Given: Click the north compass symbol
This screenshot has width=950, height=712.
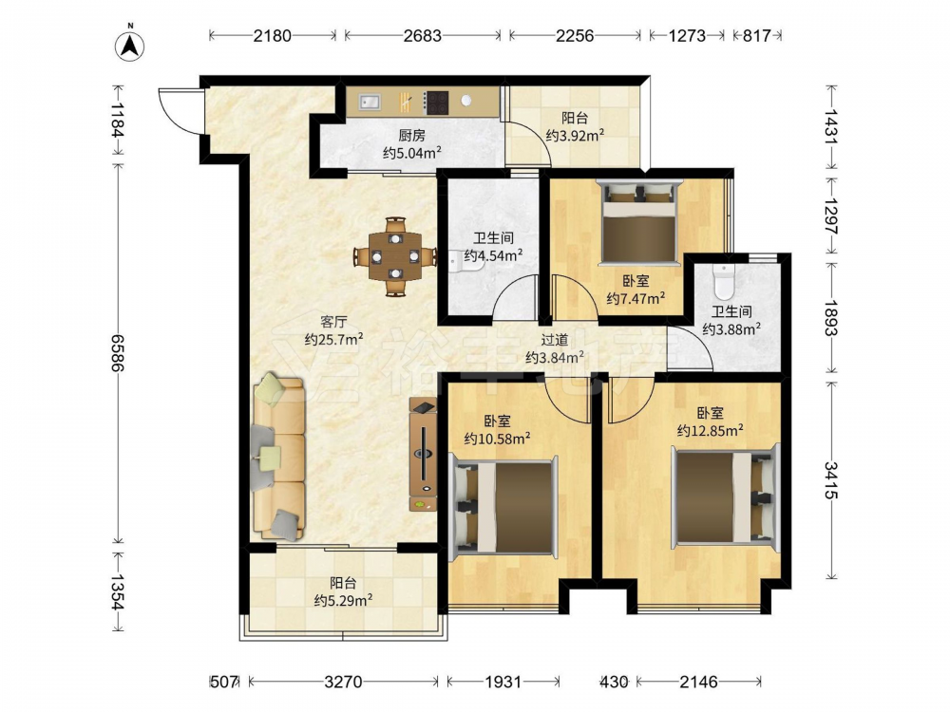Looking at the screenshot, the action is pyautogui.click(x=129, y=44).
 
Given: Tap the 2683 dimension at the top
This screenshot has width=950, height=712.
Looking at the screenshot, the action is pyautogui.click(x=423, y=36).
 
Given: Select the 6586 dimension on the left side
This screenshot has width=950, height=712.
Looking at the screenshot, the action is pyautogui.click(x=117, y=352).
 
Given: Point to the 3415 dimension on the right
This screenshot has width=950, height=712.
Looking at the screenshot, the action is pyautogui.click(x=831, y=480).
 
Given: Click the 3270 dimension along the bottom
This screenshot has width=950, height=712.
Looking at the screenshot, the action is pyautogui.click(x=343, y=683).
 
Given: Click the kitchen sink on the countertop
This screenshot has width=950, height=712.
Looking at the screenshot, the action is pyautogui.click(x=369, y=102).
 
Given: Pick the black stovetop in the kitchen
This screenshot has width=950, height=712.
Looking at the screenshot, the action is pyautogui.click(x=436, y=103).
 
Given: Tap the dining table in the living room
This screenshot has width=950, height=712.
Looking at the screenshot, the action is pyautogui.click(x=394, y=256).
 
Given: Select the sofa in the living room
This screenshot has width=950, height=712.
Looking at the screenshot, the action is pyautogui.click(x=278, y=458).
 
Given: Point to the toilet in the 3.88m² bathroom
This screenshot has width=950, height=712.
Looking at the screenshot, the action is pyautogui.click(x=723, y=280).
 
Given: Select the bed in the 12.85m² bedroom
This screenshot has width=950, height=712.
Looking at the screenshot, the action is pyautogui.click(x=725, y=496).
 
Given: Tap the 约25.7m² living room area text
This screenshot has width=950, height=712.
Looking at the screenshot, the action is pyautogui.click(x=333, y=340).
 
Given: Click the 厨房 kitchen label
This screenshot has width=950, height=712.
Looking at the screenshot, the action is pyautogui.click(x=411, y=136).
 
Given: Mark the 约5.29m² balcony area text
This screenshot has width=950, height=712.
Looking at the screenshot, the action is pyautogui.click(x=343, y=601).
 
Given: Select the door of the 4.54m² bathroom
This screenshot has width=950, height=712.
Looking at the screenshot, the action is pyautogui.click(x=515, y=296).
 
